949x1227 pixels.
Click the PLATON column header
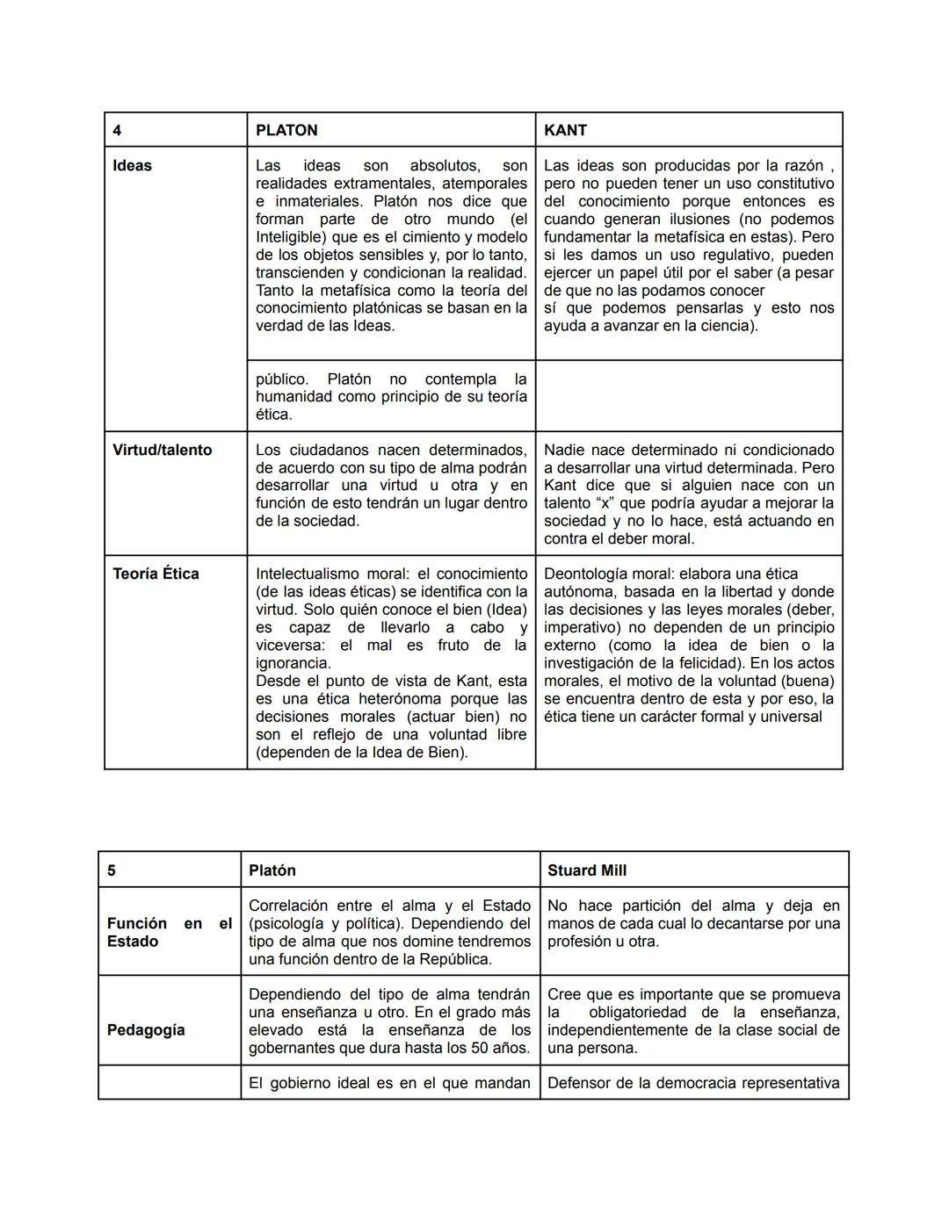286,130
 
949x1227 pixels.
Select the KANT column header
565,130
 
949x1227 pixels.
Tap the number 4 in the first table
117,130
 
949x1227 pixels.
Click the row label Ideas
132,166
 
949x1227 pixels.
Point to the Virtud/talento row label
162,450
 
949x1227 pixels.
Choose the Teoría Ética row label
156,574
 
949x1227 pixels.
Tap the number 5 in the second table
112,870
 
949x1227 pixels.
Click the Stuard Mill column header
587,870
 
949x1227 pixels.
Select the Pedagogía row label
146,1029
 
